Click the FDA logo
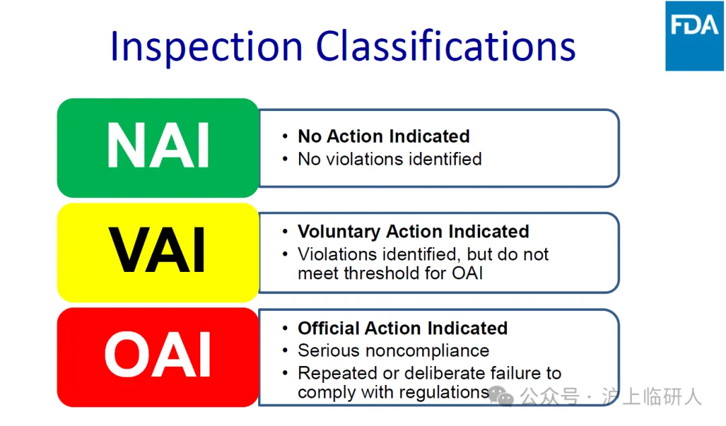pos(694,36)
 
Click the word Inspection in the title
pos(206,47)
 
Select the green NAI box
pos(158,148)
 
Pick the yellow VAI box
pos(158,252)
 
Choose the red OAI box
pos(158,357)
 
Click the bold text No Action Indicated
pos(384,137)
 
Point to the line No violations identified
pos(390,159)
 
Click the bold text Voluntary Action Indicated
pos(413,232)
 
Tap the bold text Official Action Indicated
pos(403,328)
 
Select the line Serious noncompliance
pos(393,351)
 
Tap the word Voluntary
pos(339,232)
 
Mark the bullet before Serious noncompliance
pos(285,351)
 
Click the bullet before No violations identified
pos(285,159)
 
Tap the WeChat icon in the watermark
pos(501,397)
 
